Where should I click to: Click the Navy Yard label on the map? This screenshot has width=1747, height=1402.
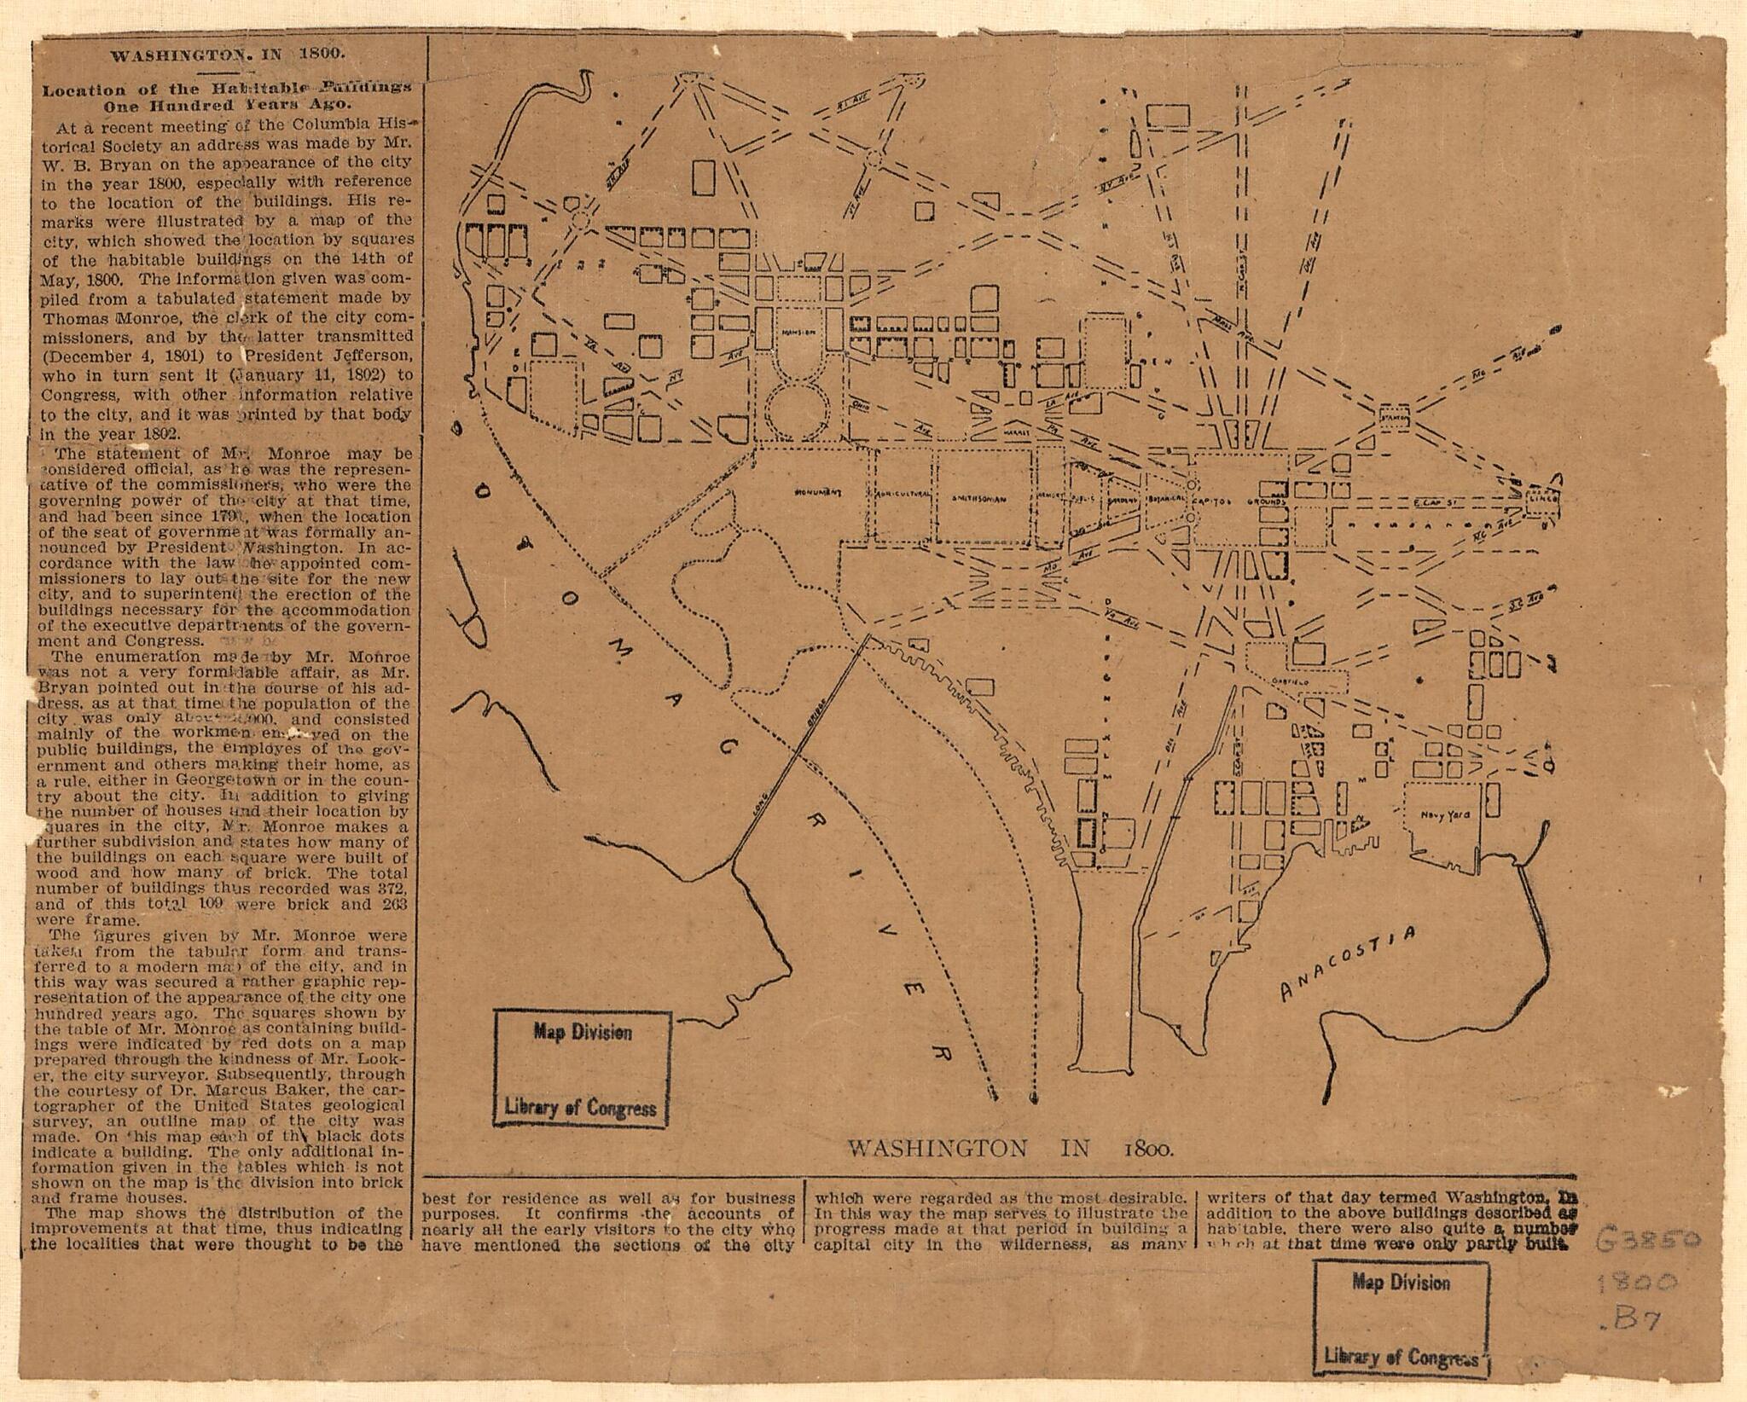coord(1445,816)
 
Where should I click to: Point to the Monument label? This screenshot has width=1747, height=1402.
coord(818,493)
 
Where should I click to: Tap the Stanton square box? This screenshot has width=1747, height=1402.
coord(1394,418)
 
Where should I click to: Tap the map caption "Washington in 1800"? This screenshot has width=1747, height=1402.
coord(1011,1148)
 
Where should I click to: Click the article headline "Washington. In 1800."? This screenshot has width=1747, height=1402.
coord(229,55)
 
